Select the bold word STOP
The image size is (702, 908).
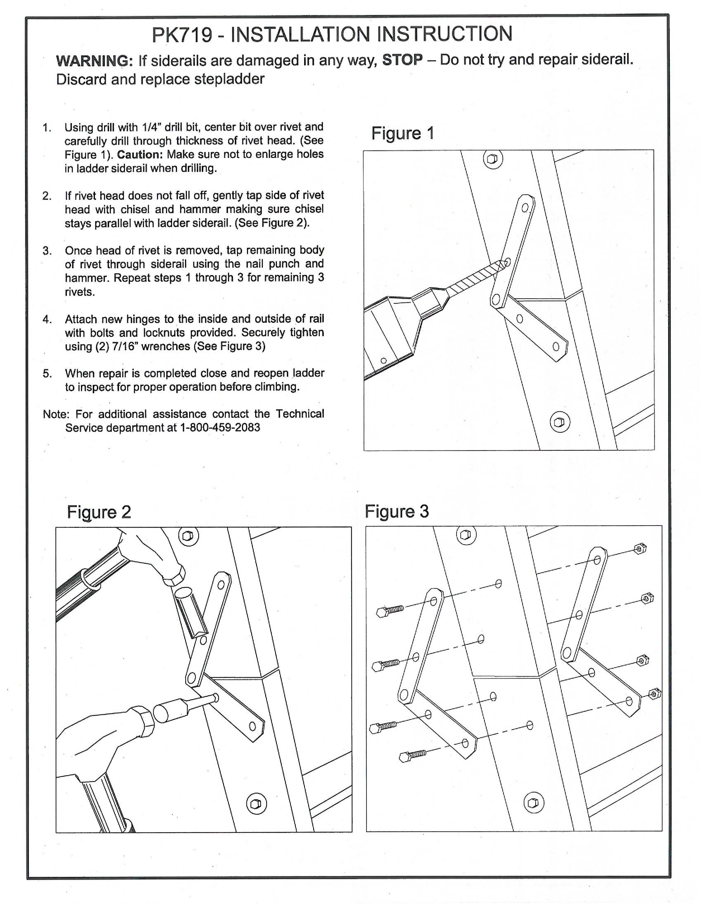[402, 60]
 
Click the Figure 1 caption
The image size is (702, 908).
[402, 133]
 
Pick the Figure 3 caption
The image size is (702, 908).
[396, 512]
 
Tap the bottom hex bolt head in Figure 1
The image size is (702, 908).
[560, 422]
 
